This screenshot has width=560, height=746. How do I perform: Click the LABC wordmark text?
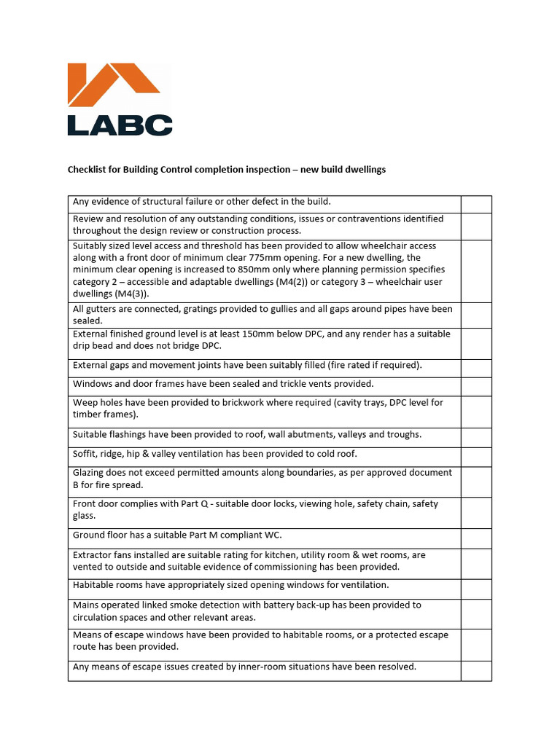click(x=120, y=125)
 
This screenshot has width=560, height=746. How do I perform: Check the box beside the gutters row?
click(x=476, y=315)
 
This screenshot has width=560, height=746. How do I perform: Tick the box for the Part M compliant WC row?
click(x=476, y=538)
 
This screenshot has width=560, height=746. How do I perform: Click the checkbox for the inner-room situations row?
click(x=476, y=670)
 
